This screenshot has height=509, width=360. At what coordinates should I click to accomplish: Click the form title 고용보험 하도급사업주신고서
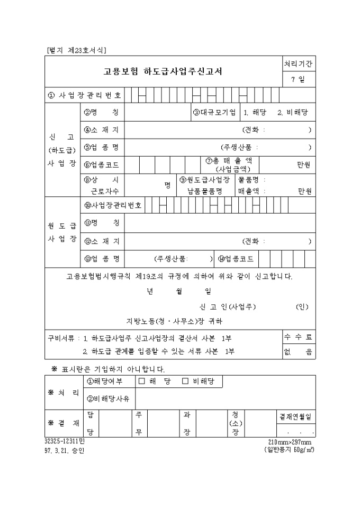[x=163, y=72]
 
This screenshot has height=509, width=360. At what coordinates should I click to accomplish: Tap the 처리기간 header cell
[x=298, y=63]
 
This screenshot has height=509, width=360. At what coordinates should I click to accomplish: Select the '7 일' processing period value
[x=298, y=80]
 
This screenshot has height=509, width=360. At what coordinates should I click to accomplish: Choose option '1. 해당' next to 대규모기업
[x=255, y=112]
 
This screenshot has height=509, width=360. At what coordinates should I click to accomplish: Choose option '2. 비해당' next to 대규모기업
[x=293, y=112]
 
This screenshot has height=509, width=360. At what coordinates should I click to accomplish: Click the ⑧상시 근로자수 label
[x=101, y=185]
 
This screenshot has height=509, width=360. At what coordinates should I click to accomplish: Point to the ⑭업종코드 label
[x=236, y=259]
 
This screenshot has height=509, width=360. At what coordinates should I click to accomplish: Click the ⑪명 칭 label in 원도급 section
[x=101, y=223]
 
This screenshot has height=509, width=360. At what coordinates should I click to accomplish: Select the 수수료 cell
[x=298, y=337]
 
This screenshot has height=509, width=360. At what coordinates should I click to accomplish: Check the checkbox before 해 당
[x=141, y=380]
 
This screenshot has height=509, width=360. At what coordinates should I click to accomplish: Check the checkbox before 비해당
[x=185, y=380]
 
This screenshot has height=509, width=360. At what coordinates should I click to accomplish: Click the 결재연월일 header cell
[x=295, y=416]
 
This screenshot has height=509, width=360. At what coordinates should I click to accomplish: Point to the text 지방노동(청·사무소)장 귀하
[x=175, y=321]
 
